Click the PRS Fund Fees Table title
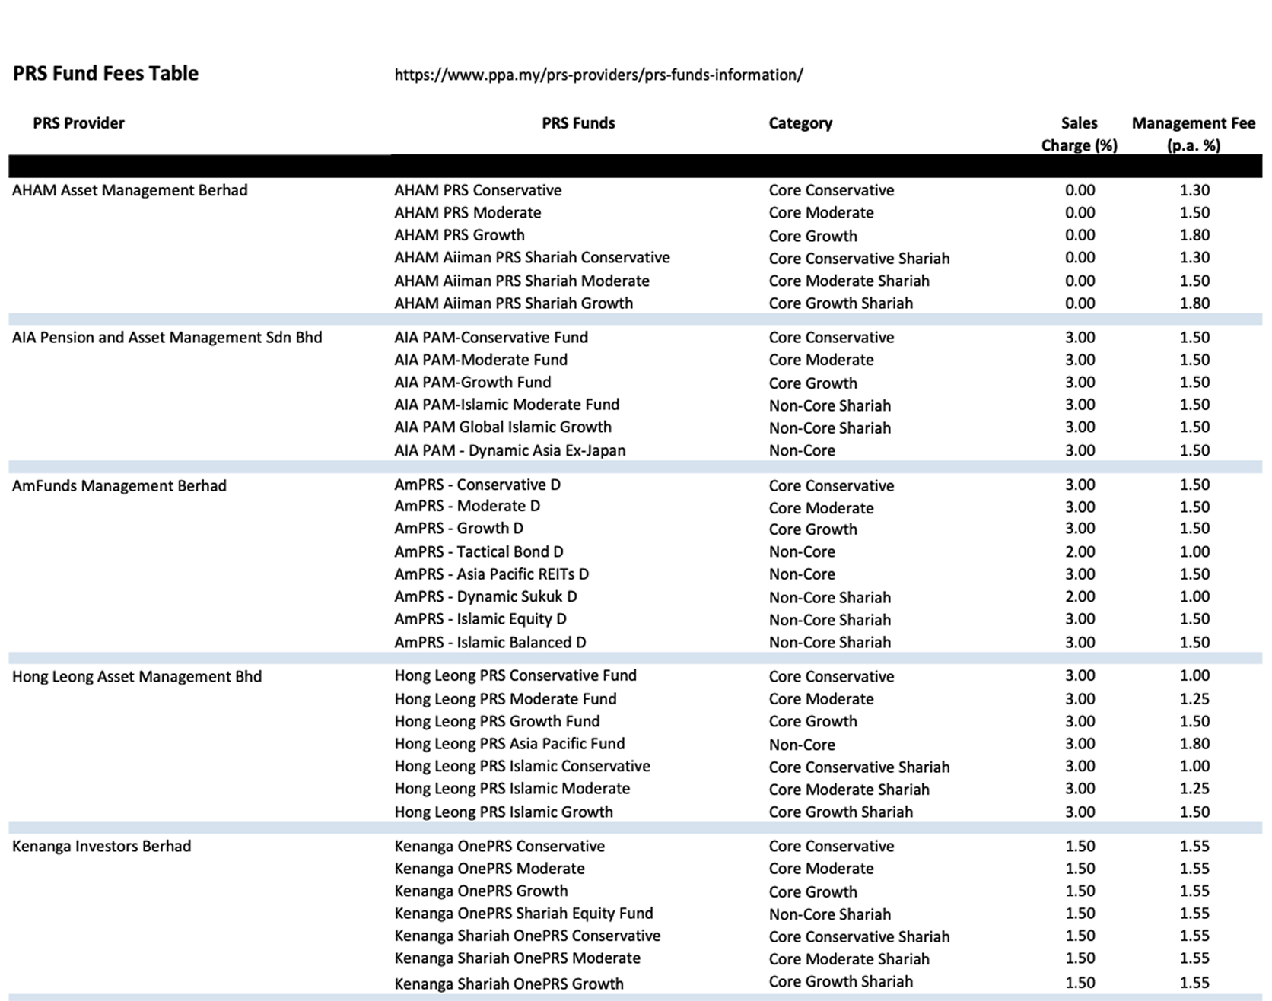tap(106, 74)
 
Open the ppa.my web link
tap(598, 75)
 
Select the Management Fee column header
tap(1193, 134)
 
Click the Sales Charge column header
tap(1079, 134)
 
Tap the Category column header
tap(800, 123)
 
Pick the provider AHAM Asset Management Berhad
tap(130, 190)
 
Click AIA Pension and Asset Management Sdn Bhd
tap(167, 337)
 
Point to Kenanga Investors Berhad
tap(101, 846)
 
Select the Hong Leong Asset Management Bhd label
tap(137, 676)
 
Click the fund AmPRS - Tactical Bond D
tap(479, 551)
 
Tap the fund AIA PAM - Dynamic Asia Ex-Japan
tap(510, 450)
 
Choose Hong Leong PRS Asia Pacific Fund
tap(509, 743)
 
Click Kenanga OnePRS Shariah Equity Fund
tap(523, 913)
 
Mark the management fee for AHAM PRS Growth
tap(1194, 235)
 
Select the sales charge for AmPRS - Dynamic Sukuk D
tap(1080, 596)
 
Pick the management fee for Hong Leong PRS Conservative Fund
tap(1194, 675)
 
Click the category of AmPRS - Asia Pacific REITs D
tap(802, 574)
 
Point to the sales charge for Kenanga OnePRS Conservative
tap(1080, 846)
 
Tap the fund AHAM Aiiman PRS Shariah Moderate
tap(522, 281)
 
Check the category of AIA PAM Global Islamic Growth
tap(829, 427)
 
